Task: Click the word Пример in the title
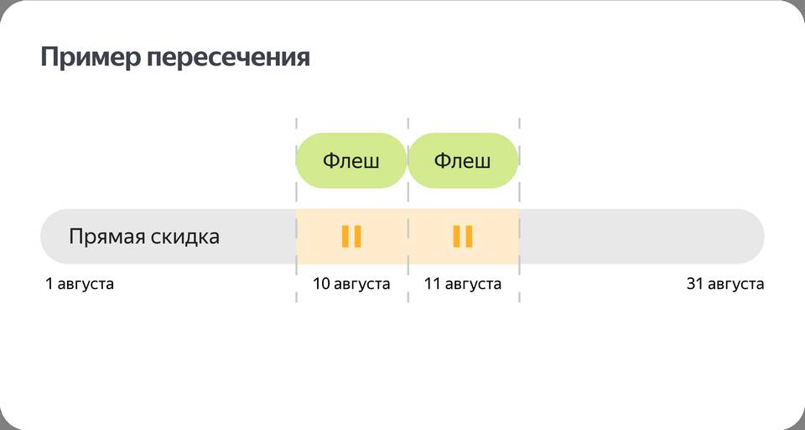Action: (91, 58)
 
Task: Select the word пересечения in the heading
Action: (228, 58)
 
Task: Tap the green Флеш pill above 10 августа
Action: (351, 160)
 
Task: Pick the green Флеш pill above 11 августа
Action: (463, 160)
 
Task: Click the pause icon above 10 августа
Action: (351, 237)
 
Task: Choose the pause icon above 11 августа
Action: (463, 237)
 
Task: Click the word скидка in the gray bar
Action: (185, 236)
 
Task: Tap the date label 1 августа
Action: (80, 284)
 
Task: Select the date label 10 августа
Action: (351, 284)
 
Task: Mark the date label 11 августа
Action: (463, 284)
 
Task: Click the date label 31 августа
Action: (724, 284)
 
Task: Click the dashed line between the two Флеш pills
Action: (408, 210)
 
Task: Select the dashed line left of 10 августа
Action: (296, 210)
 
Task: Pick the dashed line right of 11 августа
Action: (520, 210)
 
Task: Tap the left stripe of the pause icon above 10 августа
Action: (345, 237)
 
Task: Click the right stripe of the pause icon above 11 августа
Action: (470, 237)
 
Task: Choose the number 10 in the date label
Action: (321, 283)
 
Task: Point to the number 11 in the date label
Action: (432, 283)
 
